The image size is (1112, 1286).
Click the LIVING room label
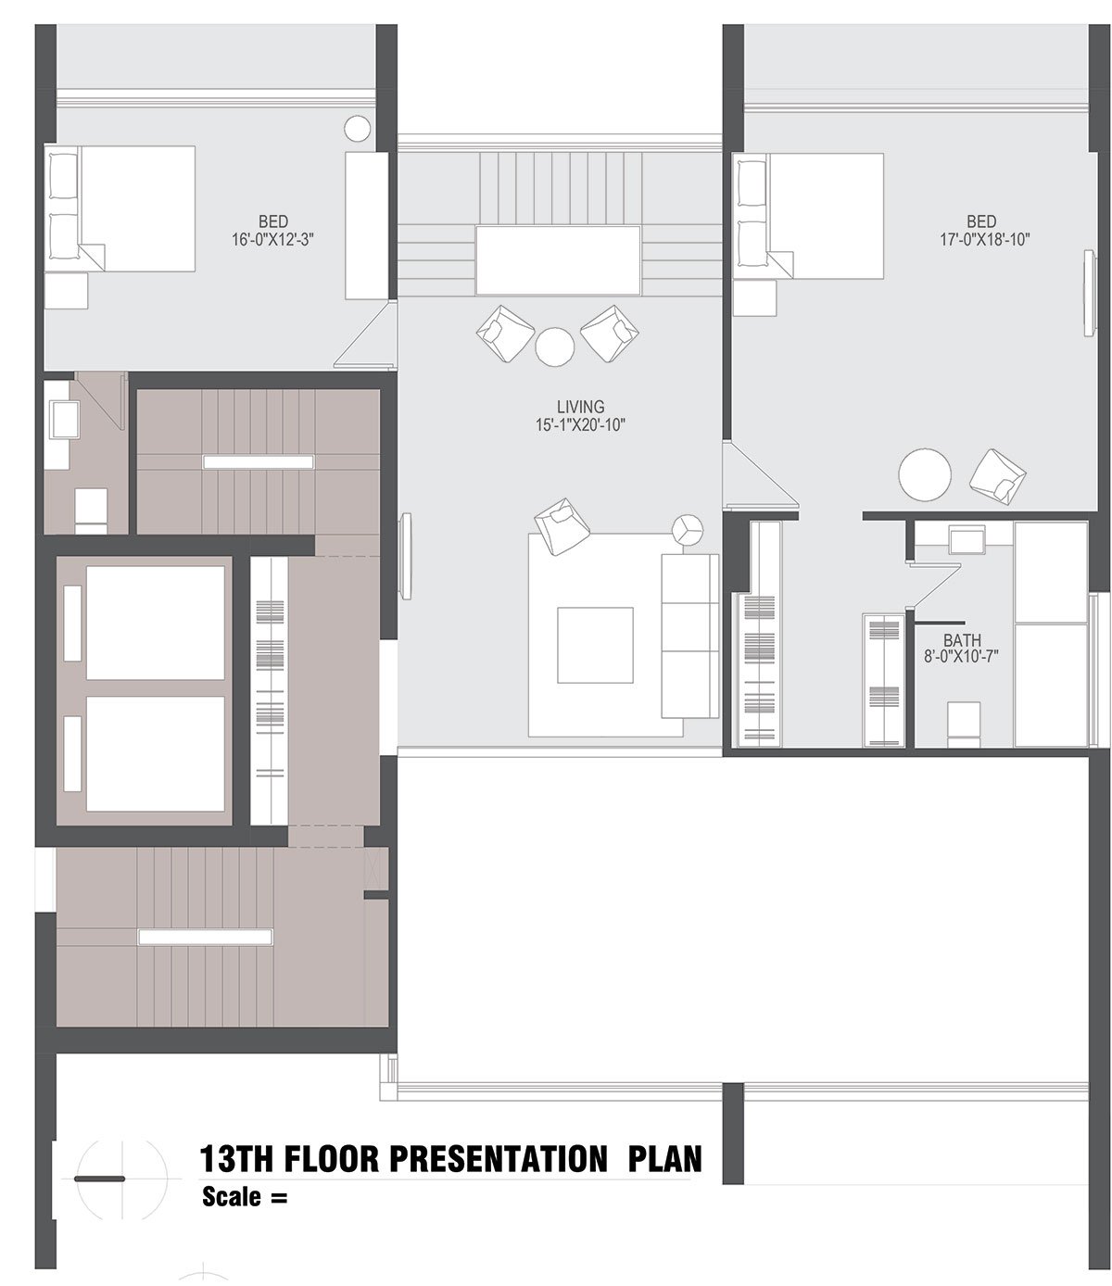coord(580,407)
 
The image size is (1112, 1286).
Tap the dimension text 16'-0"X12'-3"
coord(272,240)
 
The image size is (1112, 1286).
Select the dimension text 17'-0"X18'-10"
coord(984,240)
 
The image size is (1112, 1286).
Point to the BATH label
coord(962,640)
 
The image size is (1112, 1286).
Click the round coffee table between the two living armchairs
coord(554,347)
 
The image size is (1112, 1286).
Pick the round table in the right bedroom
coord(925,474)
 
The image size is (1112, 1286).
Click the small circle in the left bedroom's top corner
coord(357,129)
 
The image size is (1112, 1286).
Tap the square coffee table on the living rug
coord(595,645)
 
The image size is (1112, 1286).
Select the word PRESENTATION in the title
coord(498,1158)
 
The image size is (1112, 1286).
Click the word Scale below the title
coord(232,1196)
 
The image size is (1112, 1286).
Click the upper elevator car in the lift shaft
coord(155,623)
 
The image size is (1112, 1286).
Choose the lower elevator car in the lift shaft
coord(155,753)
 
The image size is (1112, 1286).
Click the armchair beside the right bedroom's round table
coord(997,476)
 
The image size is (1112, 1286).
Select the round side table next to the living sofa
coord(688,530)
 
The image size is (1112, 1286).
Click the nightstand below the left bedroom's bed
coord(66,290)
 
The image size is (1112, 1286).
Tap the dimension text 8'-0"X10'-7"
coord(961,656)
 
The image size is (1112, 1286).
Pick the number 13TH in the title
coord(236,1158)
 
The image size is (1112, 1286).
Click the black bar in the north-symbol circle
coord(99,1179)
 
